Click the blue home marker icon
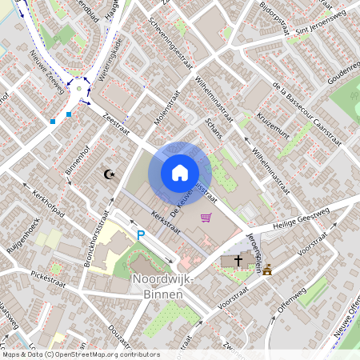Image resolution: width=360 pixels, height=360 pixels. [x=180, y=172]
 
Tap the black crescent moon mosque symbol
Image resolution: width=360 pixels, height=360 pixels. [x=110, y=174]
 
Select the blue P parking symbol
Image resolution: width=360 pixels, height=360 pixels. [x=141, y=235]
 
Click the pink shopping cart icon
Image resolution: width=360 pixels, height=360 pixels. [x=206, y=217]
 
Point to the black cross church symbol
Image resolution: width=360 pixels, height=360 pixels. [x=236, y=262]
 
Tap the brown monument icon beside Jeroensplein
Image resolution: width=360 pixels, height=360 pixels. [x=267, y=270]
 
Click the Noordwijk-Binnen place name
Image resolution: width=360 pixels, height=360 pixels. [x=157, y=287]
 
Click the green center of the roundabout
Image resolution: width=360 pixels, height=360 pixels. [x=80, y=91]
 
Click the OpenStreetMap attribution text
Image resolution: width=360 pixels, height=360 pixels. [x=81, y=354]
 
